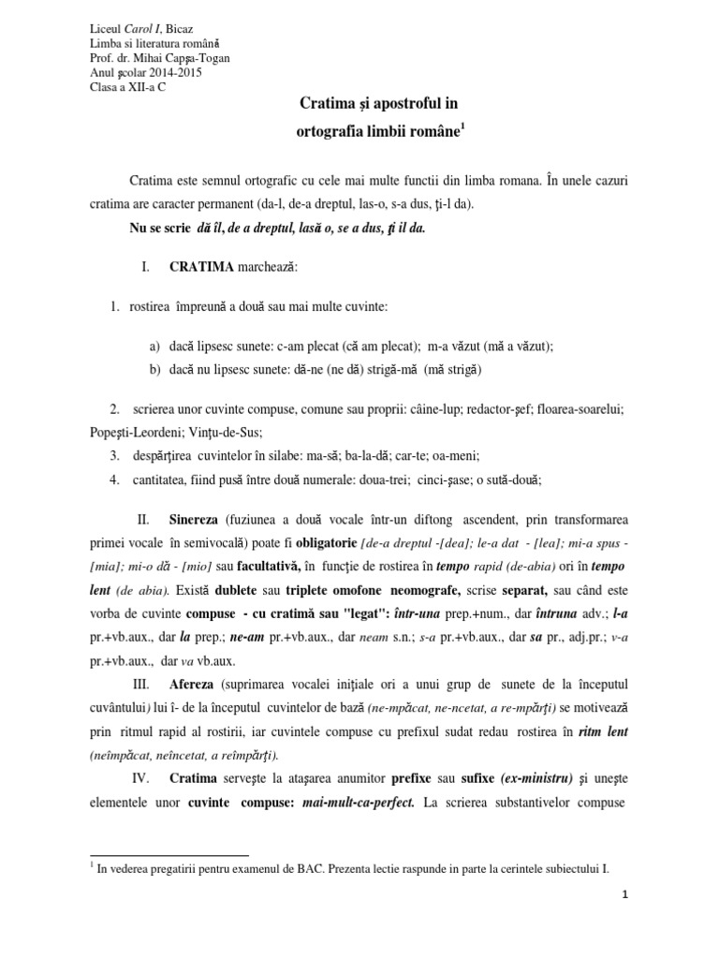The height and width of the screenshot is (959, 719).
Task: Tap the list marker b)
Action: coord(154,370)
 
